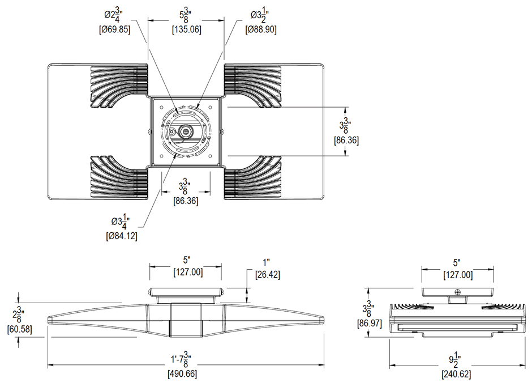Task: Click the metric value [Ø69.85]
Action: (115, 29)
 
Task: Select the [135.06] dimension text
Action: (186, 29)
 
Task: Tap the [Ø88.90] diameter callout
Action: (261, 29)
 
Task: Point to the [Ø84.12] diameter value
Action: (122, 235)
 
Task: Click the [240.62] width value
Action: (457, 374)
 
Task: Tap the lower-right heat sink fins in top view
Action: (252, 177)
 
